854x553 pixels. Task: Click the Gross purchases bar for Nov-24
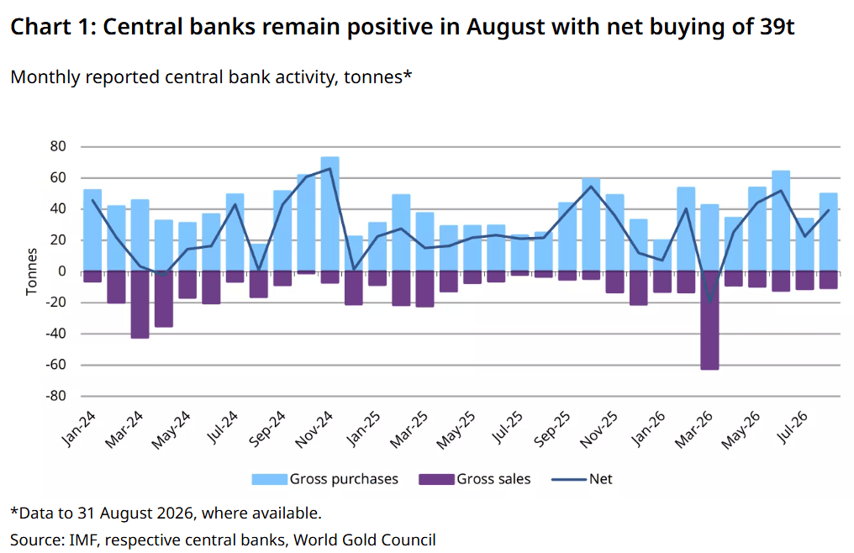pos(330,213)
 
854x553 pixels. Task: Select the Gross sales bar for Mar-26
pos(709,320)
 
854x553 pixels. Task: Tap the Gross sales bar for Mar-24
pos(140,304)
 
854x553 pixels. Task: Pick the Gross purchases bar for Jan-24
pos(92,230)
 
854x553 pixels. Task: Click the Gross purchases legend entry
pos(324,479)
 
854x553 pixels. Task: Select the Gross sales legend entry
pos(474,479)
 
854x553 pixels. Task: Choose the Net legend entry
pos(582,479)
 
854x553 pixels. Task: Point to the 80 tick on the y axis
pos(58,146)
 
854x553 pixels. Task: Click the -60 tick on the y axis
pos(55,365)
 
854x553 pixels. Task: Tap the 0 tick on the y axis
pos(62,271)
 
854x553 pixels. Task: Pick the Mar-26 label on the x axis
pos(693,429)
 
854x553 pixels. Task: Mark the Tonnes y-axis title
pos(32,271)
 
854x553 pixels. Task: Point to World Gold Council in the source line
pos(364,540)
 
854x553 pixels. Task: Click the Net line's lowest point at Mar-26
pos(709,301)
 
